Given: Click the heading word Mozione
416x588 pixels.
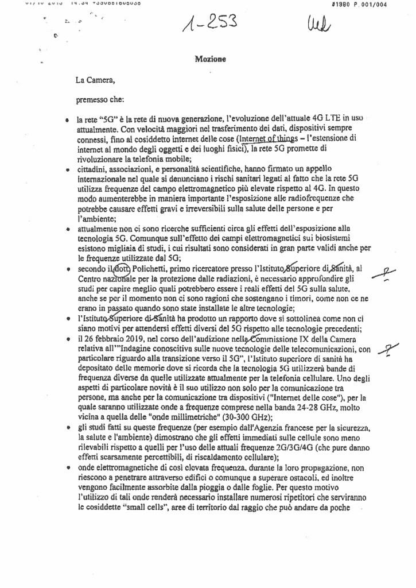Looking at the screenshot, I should point(210,59).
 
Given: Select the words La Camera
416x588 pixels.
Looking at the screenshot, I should point(91,81).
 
